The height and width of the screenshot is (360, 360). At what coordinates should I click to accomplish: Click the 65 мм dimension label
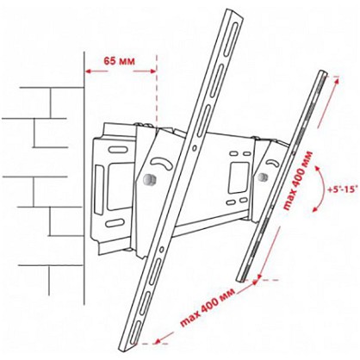(119, 61)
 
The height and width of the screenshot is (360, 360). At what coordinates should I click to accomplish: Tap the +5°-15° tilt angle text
(343, 189)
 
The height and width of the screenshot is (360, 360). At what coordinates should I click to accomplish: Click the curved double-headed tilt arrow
(322, 189)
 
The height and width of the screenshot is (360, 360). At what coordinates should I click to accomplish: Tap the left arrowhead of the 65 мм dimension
(89, 71)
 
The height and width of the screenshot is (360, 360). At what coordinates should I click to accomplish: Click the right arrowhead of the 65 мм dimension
(152, 71)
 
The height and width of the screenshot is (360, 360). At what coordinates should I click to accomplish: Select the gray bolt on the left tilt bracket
(149, 180)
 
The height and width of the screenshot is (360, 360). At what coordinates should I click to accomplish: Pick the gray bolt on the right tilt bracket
(262, 177)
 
